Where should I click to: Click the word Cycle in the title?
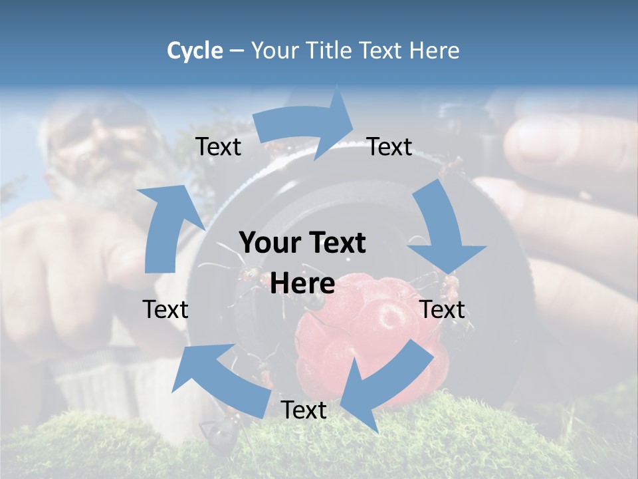(x=195, y=51)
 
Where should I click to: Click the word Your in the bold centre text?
(x=265, y=243)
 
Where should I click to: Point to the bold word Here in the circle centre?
(x=302, y=284)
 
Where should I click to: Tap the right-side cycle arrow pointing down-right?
(x=442, y=230)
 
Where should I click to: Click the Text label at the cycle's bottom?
(x=303, y=410)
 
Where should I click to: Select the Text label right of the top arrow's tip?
(x=389, y=146)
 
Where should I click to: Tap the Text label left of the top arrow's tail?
(x=218, y=146)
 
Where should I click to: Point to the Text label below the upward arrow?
(x=165, y=309)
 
